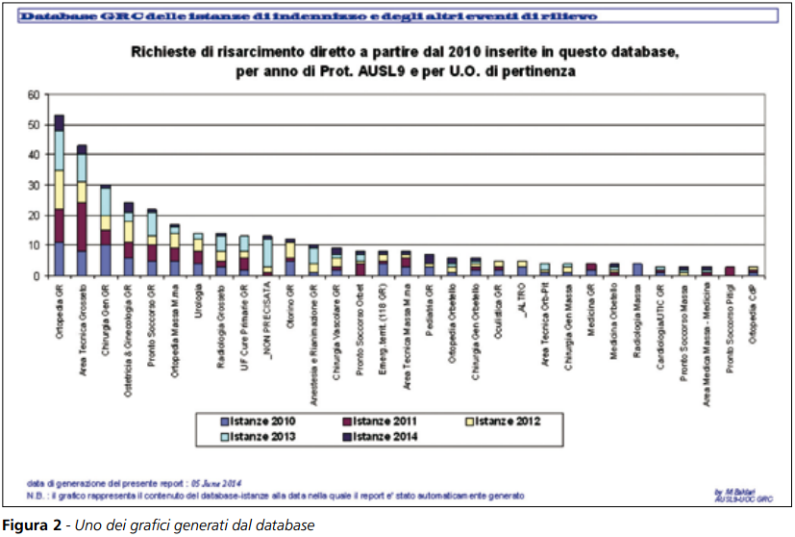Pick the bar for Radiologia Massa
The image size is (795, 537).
636,269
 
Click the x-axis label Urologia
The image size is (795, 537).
198,302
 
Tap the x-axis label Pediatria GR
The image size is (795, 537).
430,311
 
